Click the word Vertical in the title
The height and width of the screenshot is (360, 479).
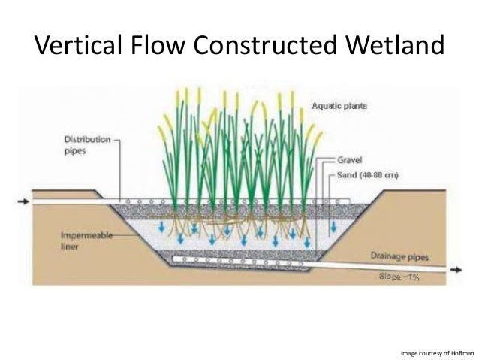pyautogui.click(x=75, y=47)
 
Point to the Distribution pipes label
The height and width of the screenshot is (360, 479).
pyautogui.click(x=87, y=144)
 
